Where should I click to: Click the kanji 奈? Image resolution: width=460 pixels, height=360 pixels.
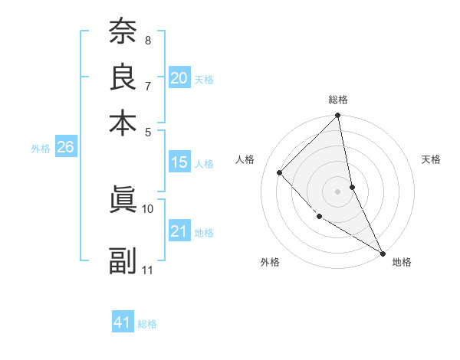click(x=123, y=33)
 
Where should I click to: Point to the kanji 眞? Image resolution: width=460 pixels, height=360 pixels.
click(x=123, y=201)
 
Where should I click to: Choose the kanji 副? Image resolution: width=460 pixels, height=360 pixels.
click(x=123, y=261)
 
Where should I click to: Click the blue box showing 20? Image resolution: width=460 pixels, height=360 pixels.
click(x=179, y=78)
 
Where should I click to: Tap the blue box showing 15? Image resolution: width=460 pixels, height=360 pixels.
click(x=179, y=162)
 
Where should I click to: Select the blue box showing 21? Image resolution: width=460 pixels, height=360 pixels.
click(x=179, y=231)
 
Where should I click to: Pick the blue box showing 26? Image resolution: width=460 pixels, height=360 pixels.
click(x=65, y=148)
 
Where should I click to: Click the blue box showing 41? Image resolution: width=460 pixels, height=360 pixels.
click(x=123, y=322)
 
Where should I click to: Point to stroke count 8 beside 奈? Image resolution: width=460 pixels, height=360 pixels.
click(x=148, y=40)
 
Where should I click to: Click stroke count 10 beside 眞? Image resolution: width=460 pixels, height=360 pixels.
click(x=148, y=208)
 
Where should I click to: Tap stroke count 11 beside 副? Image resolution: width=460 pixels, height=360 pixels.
click(x=148, y=270)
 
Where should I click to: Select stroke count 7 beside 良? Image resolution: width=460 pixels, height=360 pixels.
click(x=148, y=85)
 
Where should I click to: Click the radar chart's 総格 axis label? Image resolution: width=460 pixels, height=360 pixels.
click(x=338, y=100)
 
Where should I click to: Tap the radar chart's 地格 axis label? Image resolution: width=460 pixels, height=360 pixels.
click(x=402, y=263)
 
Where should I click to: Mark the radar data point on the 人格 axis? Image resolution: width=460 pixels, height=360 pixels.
click(x=280, y=172)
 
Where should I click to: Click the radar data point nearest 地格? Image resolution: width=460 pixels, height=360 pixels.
click(x=382, y=252)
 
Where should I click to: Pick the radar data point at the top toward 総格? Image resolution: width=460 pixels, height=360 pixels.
click(x=338, y=116)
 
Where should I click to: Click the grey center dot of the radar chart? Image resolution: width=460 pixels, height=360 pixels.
click(x=338, y=191)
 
